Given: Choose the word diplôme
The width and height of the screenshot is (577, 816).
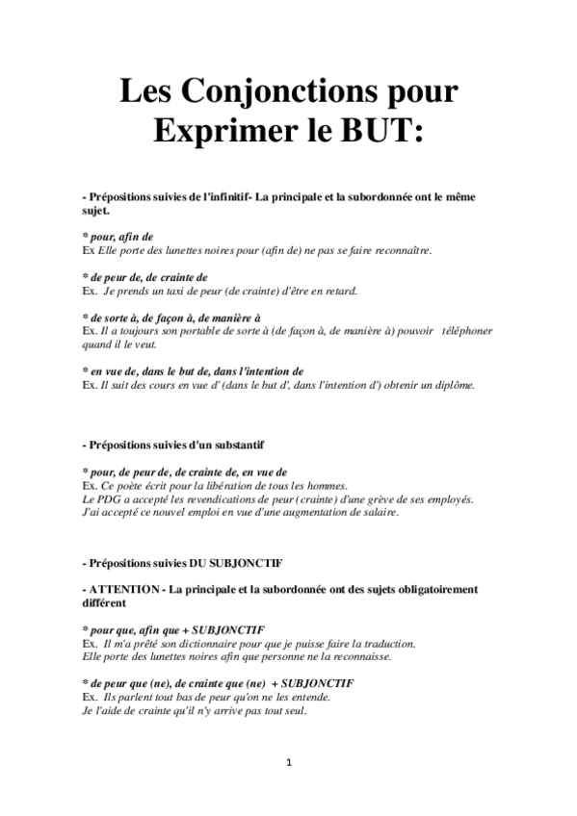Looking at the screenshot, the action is (451, 385).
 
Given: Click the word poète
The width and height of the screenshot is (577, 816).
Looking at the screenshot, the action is (130, 486).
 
